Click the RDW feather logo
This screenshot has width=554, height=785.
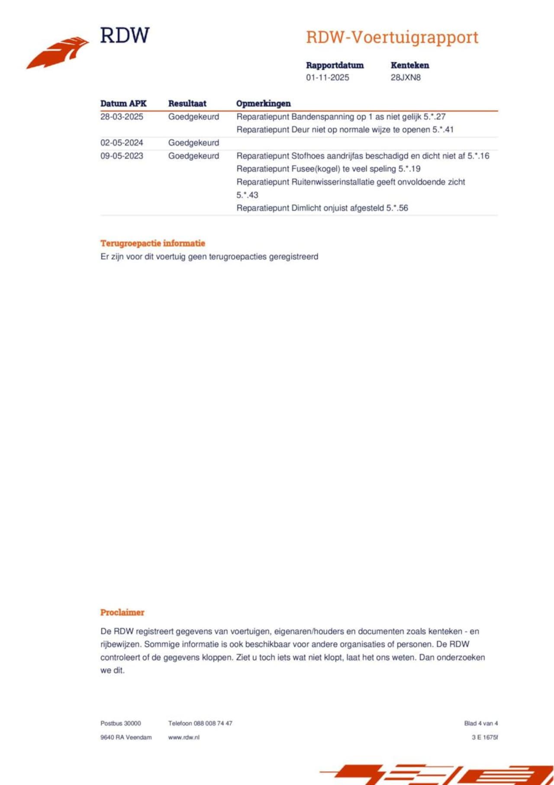(x=58, y=52)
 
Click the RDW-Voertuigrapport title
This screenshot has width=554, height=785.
(x=392, y=37)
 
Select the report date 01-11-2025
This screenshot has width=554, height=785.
(x=327, y=78)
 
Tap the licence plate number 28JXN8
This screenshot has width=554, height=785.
(x=406, y=78)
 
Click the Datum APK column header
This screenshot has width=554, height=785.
(x=123, y=104)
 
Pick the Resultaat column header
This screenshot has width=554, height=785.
(x=187, y=104)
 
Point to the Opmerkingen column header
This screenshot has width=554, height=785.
(x=263, y=104)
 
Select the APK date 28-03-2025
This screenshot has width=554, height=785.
(x=122, y=117)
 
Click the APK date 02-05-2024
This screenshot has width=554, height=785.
(x=122, y=143)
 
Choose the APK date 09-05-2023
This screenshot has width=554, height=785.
(x=122, y=156)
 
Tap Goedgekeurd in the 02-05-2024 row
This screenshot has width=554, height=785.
(x=193, y=143)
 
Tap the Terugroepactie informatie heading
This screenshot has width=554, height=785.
(x=152, y=243)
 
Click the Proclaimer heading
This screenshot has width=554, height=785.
(x=122, y=612)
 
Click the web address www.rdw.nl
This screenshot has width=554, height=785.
(x=184, y=737)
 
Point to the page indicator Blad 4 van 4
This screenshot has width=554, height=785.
(x=481, y=723)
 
